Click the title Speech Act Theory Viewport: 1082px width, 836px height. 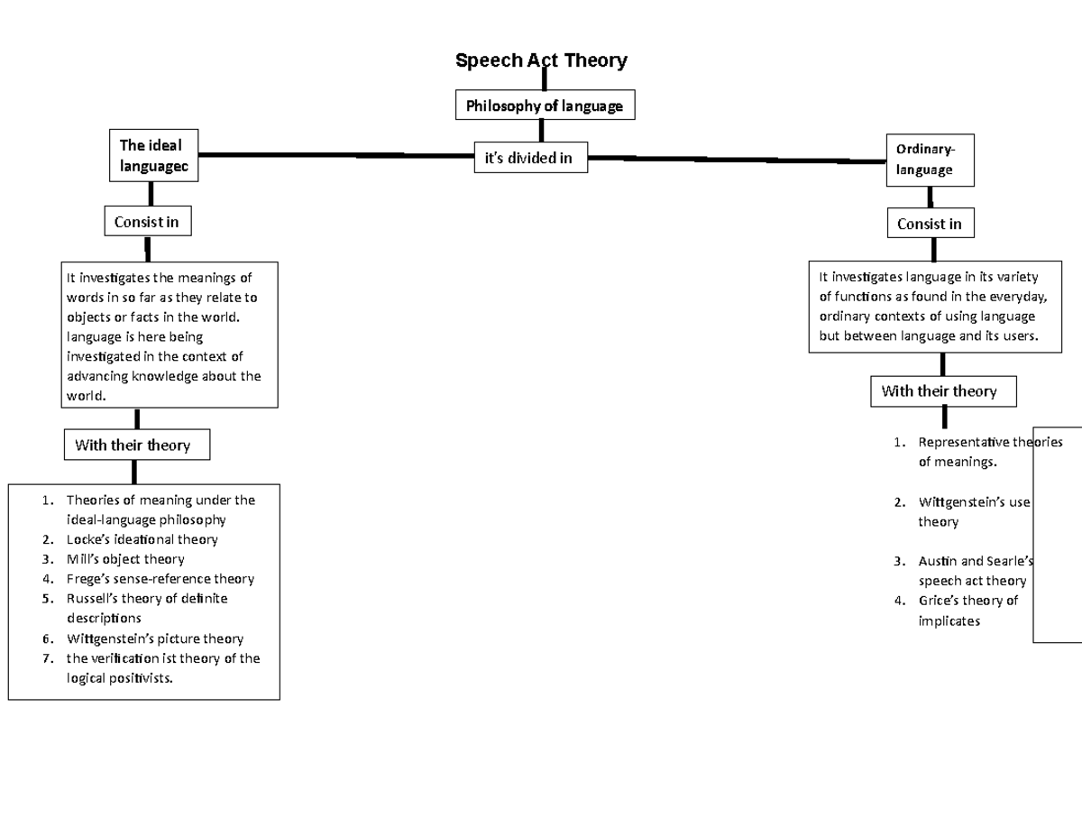point(541,60)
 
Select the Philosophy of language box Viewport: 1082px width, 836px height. point(544,106)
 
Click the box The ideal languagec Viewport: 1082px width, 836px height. point(152,155)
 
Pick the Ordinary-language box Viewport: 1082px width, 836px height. point(929,160)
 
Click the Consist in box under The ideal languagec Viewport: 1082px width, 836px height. point(146,222)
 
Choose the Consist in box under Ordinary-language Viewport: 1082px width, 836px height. point(929,224)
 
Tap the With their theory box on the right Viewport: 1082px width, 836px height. point(941,391)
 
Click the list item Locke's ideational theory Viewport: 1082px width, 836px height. point(142,539)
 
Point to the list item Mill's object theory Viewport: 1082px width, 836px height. point(125,559)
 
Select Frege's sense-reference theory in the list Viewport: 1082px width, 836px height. point(160,579)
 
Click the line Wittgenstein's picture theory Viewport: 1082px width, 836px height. point(154,638)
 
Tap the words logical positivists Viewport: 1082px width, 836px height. point(119,678)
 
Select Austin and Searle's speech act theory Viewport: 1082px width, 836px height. point(972,571)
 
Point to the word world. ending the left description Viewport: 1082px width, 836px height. point(87,396)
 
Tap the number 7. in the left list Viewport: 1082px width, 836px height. point(47,658)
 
